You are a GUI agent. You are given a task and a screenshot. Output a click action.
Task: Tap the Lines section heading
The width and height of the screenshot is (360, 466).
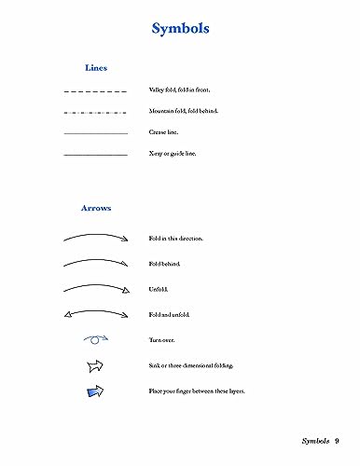[96, 68]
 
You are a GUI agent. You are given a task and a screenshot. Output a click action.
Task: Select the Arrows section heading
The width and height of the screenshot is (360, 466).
[96, 208]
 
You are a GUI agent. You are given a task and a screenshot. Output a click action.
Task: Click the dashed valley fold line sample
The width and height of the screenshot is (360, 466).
[95, 92]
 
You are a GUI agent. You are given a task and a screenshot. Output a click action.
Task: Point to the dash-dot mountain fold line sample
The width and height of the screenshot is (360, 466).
[95, 113]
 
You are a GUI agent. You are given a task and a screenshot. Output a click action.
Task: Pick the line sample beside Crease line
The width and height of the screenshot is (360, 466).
[95, 133]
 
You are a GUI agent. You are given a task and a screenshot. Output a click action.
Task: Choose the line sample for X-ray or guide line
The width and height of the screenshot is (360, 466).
[95, 154]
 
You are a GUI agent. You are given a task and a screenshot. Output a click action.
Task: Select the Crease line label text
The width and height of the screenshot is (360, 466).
[165, 132]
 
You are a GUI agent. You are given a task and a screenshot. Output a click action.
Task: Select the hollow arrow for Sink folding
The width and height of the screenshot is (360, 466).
[95, 365]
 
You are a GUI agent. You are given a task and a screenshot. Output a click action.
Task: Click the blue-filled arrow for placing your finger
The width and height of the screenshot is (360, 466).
[95, 391]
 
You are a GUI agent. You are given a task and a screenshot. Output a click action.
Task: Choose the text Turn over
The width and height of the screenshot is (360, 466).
[162, 341]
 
